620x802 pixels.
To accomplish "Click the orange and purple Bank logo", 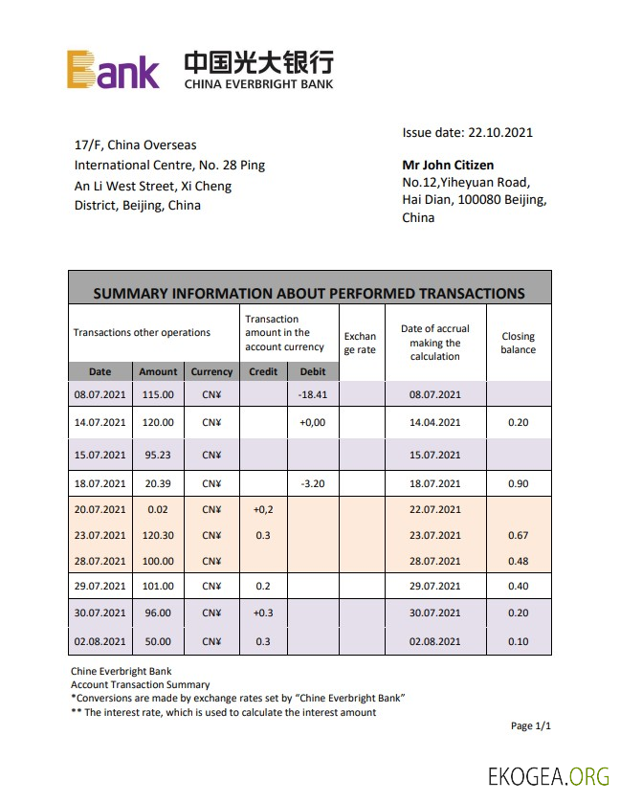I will coord(113,70).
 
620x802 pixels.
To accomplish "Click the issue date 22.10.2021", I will coord(467,133).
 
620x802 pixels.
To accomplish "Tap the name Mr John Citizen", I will coord(448,165).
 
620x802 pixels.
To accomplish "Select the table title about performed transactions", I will coord(309,293).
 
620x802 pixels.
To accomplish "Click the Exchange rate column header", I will coord(360,343).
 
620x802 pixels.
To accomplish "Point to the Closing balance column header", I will coord(518,343).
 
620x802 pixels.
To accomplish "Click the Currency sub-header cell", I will coord(211,371).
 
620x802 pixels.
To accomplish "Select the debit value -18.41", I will coord(313,394).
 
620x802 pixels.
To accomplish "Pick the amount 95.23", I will coord(157,455).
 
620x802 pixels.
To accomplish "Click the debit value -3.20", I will coord(313,484).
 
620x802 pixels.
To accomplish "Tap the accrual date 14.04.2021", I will coord(435,422).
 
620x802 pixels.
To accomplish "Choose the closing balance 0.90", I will coord(519,484).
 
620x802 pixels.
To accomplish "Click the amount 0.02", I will coord(157,510).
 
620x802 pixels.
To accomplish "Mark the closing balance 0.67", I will coord(519,536).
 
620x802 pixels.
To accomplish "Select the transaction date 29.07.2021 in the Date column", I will coord(100,586).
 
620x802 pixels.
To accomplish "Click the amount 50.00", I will coord(157,641).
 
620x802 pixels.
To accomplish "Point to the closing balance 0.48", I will coord(519,562).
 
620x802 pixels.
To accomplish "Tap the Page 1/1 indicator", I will coord(531,726).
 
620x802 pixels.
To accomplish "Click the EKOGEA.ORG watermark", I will coord(548,776).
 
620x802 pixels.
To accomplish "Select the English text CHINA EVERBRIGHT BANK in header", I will coord(258,84).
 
